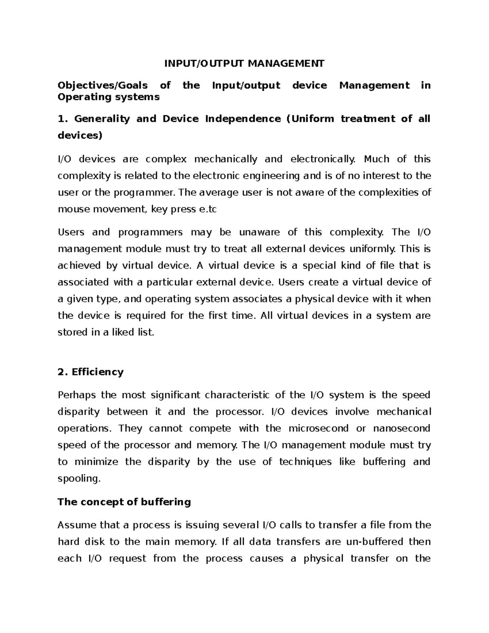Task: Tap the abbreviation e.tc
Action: pyautogui.click(x=207, y=210)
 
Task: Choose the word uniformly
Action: pyautogui.click(x=373, y=249)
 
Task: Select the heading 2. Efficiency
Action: pyautogui.click(x=90, y=372)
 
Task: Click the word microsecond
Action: pyautogui.click(x=318, y=428)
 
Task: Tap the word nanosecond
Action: pyautogui.click(x=401, y=428)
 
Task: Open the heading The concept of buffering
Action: pyautogui.click(x=124, y=502)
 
